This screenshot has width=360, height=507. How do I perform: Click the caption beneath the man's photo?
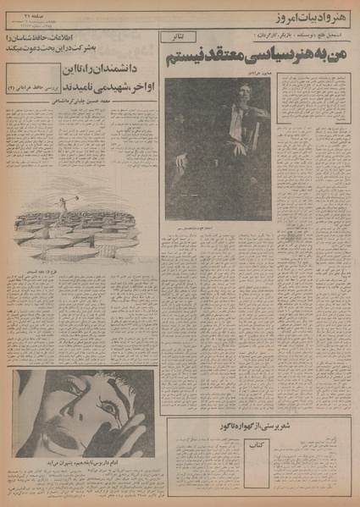click(218, 228)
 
